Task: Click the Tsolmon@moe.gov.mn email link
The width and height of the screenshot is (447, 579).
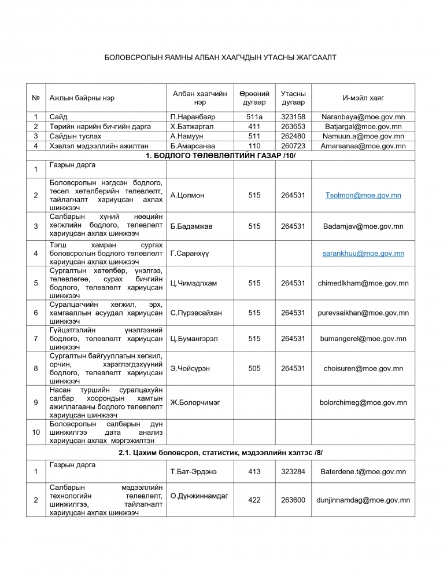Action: point(363,196)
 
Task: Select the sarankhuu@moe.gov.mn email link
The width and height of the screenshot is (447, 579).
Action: point(363,254)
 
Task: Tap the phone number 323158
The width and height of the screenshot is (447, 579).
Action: point(293,116)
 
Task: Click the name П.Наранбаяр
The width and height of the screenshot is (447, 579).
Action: point(193,116)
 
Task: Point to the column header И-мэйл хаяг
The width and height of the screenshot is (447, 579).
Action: point(363,98)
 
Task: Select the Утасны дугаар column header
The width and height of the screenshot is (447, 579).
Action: point(293,98)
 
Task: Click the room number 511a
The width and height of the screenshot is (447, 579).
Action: point(254,116)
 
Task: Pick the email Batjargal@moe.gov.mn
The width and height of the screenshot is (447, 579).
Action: point(363,126)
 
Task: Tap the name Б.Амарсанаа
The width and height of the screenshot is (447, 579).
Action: point(193,146)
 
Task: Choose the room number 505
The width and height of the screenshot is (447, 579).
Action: point(254,369)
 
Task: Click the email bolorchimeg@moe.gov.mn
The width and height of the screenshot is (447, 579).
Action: point(363,402)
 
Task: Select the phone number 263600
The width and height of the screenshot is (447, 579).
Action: point(293,500)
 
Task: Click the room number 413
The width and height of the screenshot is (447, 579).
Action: point(254,472)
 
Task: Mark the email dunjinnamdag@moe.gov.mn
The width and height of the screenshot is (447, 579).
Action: point(363,500)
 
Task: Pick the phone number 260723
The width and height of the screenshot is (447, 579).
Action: point(293,146)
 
